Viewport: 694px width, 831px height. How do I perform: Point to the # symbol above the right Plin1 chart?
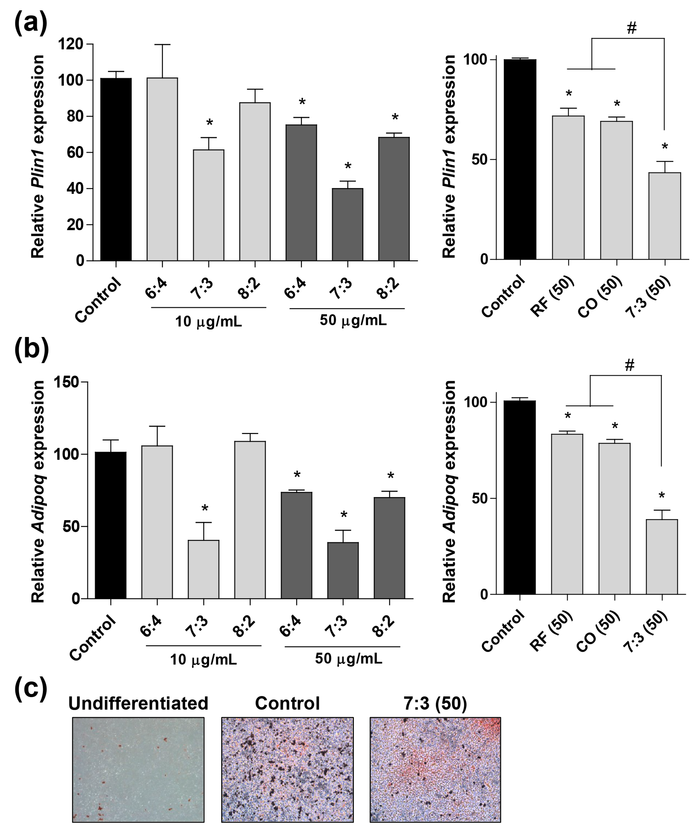click(631, 28)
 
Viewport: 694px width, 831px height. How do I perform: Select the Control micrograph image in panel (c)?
click(287, 769)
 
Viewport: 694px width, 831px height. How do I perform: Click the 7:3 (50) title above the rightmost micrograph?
click(435, 703)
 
